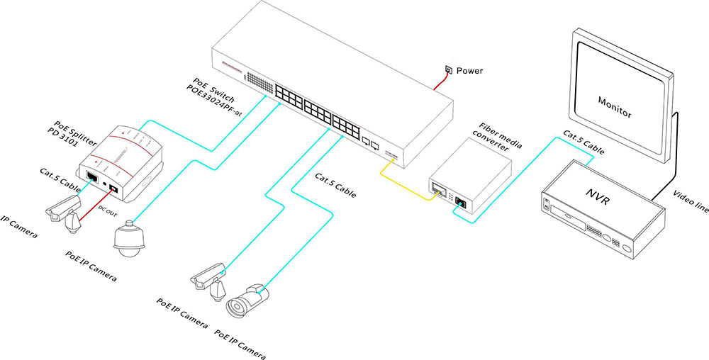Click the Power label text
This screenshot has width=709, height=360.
click(469, 71)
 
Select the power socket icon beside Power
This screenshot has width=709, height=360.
click(448, 70)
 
